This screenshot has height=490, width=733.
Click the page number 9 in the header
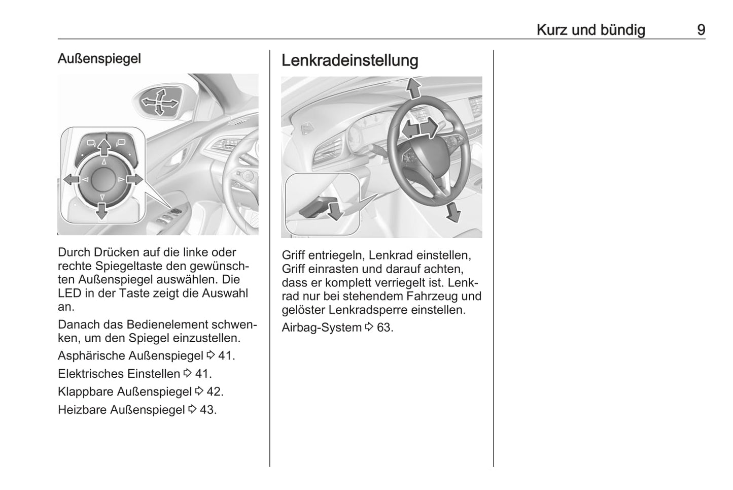[701, 30]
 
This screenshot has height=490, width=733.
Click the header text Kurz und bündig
[590, 30]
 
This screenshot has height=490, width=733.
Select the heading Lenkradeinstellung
[350, 60]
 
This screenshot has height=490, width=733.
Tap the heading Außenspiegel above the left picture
[99, 58]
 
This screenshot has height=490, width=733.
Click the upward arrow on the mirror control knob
[104, 147]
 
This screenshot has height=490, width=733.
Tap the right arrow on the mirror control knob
[135, 179]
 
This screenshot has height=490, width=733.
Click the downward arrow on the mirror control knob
[102, 210]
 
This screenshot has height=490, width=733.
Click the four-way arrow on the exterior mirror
[159, 103]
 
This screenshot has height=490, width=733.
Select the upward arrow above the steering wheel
[414, 88]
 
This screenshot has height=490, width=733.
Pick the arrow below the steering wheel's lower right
[452, 212]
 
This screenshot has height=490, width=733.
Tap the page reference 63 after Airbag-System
[385, 328]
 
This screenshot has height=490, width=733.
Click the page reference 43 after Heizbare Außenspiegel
[207, 410]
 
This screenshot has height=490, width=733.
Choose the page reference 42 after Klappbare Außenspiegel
[215, 391]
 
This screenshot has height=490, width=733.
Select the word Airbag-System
[322, 328]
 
